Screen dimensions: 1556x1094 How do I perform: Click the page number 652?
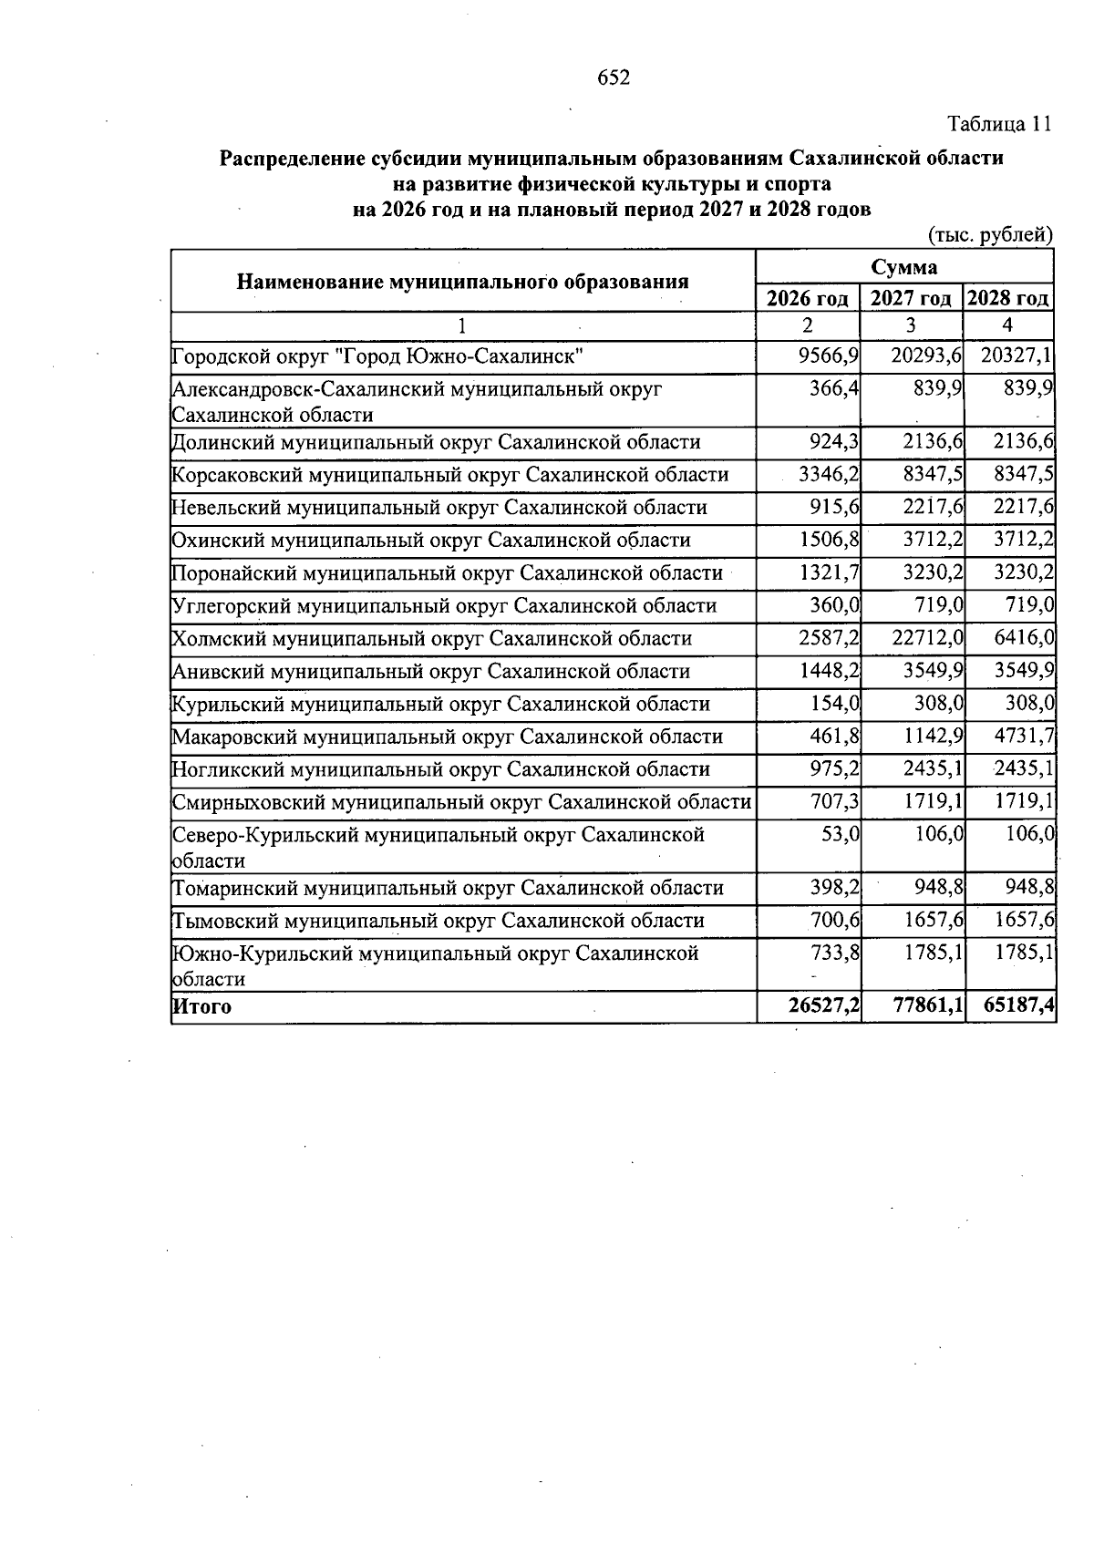click(x=614, y=78)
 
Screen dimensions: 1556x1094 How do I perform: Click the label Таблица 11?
click(x=1000, y=124)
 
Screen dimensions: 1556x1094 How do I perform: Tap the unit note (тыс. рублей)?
click(x=990, y=235)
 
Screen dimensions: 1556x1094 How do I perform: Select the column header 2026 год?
click(x=808, y=298)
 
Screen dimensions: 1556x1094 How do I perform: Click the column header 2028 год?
click(x=1008, y=298)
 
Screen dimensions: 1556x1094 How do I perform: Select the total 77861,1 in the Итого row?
click(x=924, y=1006)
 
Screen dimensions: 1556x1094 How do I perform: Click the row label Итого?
click(x=202, y=1007)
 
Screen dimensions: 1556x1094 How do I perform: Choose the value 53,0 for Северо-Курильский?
click(x=841, y=834)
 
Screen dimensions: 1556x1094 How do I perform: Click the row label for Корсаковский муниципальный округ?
click(x=450, y=475)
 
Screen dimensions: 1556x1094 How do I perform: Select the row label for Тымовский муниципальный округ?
click(x=438, y=921)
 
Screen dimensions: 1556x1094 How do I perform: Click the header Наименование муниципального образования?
click(x=462, y=282)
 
